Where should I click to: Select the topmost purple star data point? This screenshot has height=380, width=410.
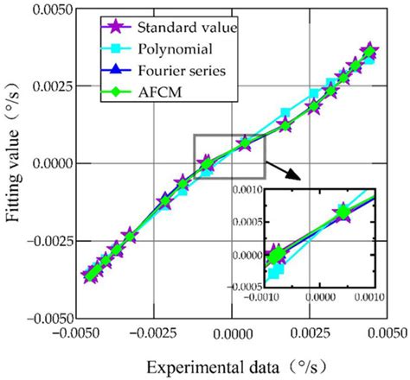(370, 50)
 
